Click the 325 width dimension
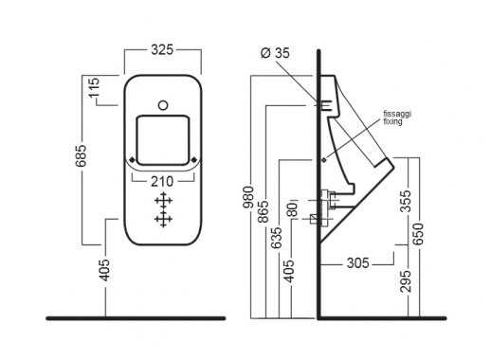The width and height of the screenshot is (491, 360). pyautogui.click(x=162, y=49)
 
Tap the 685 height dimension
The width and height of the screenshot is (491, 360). pyautogui.click(x=82, y=155)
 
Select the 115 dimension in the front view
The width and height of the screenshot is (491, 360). pyautogui.click(x=94, y=87)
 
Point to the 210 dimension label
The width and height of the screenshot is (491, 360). pyautogui.click(x=162, y=181)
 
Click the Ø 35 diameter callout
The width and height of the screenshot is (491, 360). pyautogui.click(x=275, y=53)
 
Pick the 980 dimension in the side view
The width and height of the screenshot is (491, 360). pyautogui.click(x=248, y=197)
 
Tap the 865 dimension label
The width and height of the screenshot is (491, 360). pyautogui.click(x=263, y=211)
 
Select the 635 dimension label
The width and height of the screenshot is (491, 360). pyautogui.click(x=276, y=238)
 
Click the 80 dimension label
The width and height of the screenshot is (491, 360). pyautogui.click(x=293, y=209)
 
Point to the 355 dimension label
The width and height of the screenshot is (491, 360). pyautogui.click(x=406, y=201)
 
